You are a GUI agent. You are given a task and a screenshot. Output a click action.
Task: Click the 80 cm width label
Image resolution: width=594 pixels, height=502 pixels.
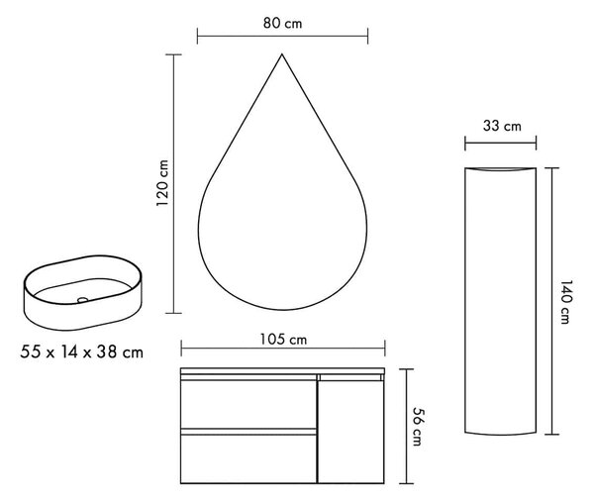pos(282,24)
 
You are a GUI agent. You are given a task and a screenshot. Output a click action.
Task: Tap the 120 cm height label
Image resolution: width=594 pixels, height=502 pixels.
pos(162,183)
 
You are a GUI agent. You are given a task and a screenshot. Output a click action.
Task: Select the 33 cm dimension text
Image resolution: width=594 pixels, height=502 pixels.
pos(502,126)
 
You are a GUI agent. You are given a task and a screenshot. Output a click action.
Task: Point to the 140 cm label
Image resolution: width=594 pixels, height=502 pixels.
pos(565,302)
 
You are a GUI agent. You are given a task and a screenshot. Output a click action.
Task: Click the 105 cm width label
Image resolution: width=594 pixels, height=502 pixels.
pos(283,340)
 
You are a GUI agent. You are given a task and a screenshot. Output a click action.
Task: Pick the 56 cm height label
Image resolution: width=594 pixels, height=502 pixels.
pos(417,427)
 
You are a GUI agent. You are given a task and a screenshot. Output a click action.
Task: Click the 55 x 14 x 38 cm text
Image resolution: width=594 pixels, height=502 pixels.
pos(82,352)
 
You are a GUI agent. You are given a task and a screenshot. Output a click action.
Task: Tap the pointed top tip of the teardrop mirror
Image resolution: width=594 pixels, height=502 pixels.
pos(282,54)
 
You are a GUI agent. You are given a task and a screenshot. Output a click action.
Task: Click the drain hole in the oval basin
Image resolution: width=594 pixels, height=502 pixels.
pos(82,300)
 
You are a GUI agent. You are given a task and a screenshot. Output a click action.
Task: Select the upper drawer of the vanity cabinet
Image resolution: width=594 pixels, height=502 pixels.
pos(248,404)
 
